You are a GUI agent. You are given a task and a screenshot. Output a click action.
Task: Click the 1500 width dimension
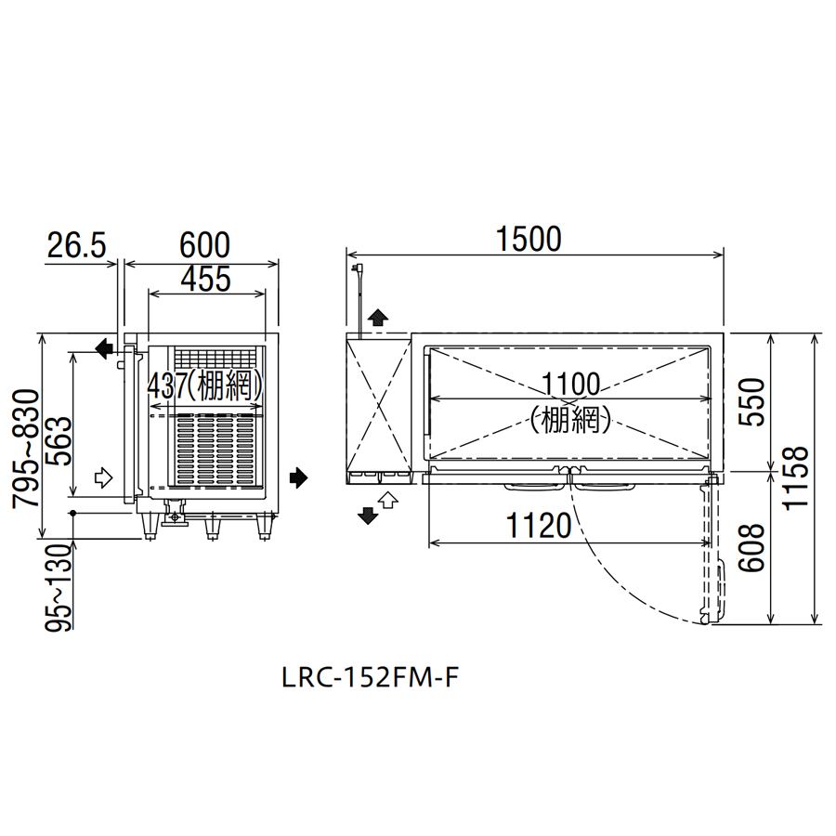[529, 240]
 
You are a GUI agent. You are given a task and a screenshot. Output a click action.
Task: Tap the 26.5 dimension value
[77, 245]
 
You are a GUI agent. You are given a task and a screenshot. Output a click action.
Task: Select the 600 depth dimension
[204, 245]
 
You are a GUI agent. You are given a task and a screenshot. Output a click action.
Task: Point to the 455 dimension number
[206, 279]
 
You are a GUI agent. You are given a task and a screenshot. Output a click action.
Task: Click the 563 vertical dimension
[59, 441]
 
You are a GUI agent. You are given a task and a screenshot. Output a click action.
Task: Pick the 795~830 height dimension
[26, 449]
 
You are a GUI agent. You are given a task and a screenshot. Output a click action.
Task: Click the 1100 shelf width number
[570, 385]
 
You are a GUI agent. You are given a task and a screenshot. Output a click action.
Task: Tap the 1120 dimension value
[539, 526]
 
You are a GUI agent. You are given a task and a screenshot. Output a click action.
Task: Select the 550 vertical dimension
[751, 401]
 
